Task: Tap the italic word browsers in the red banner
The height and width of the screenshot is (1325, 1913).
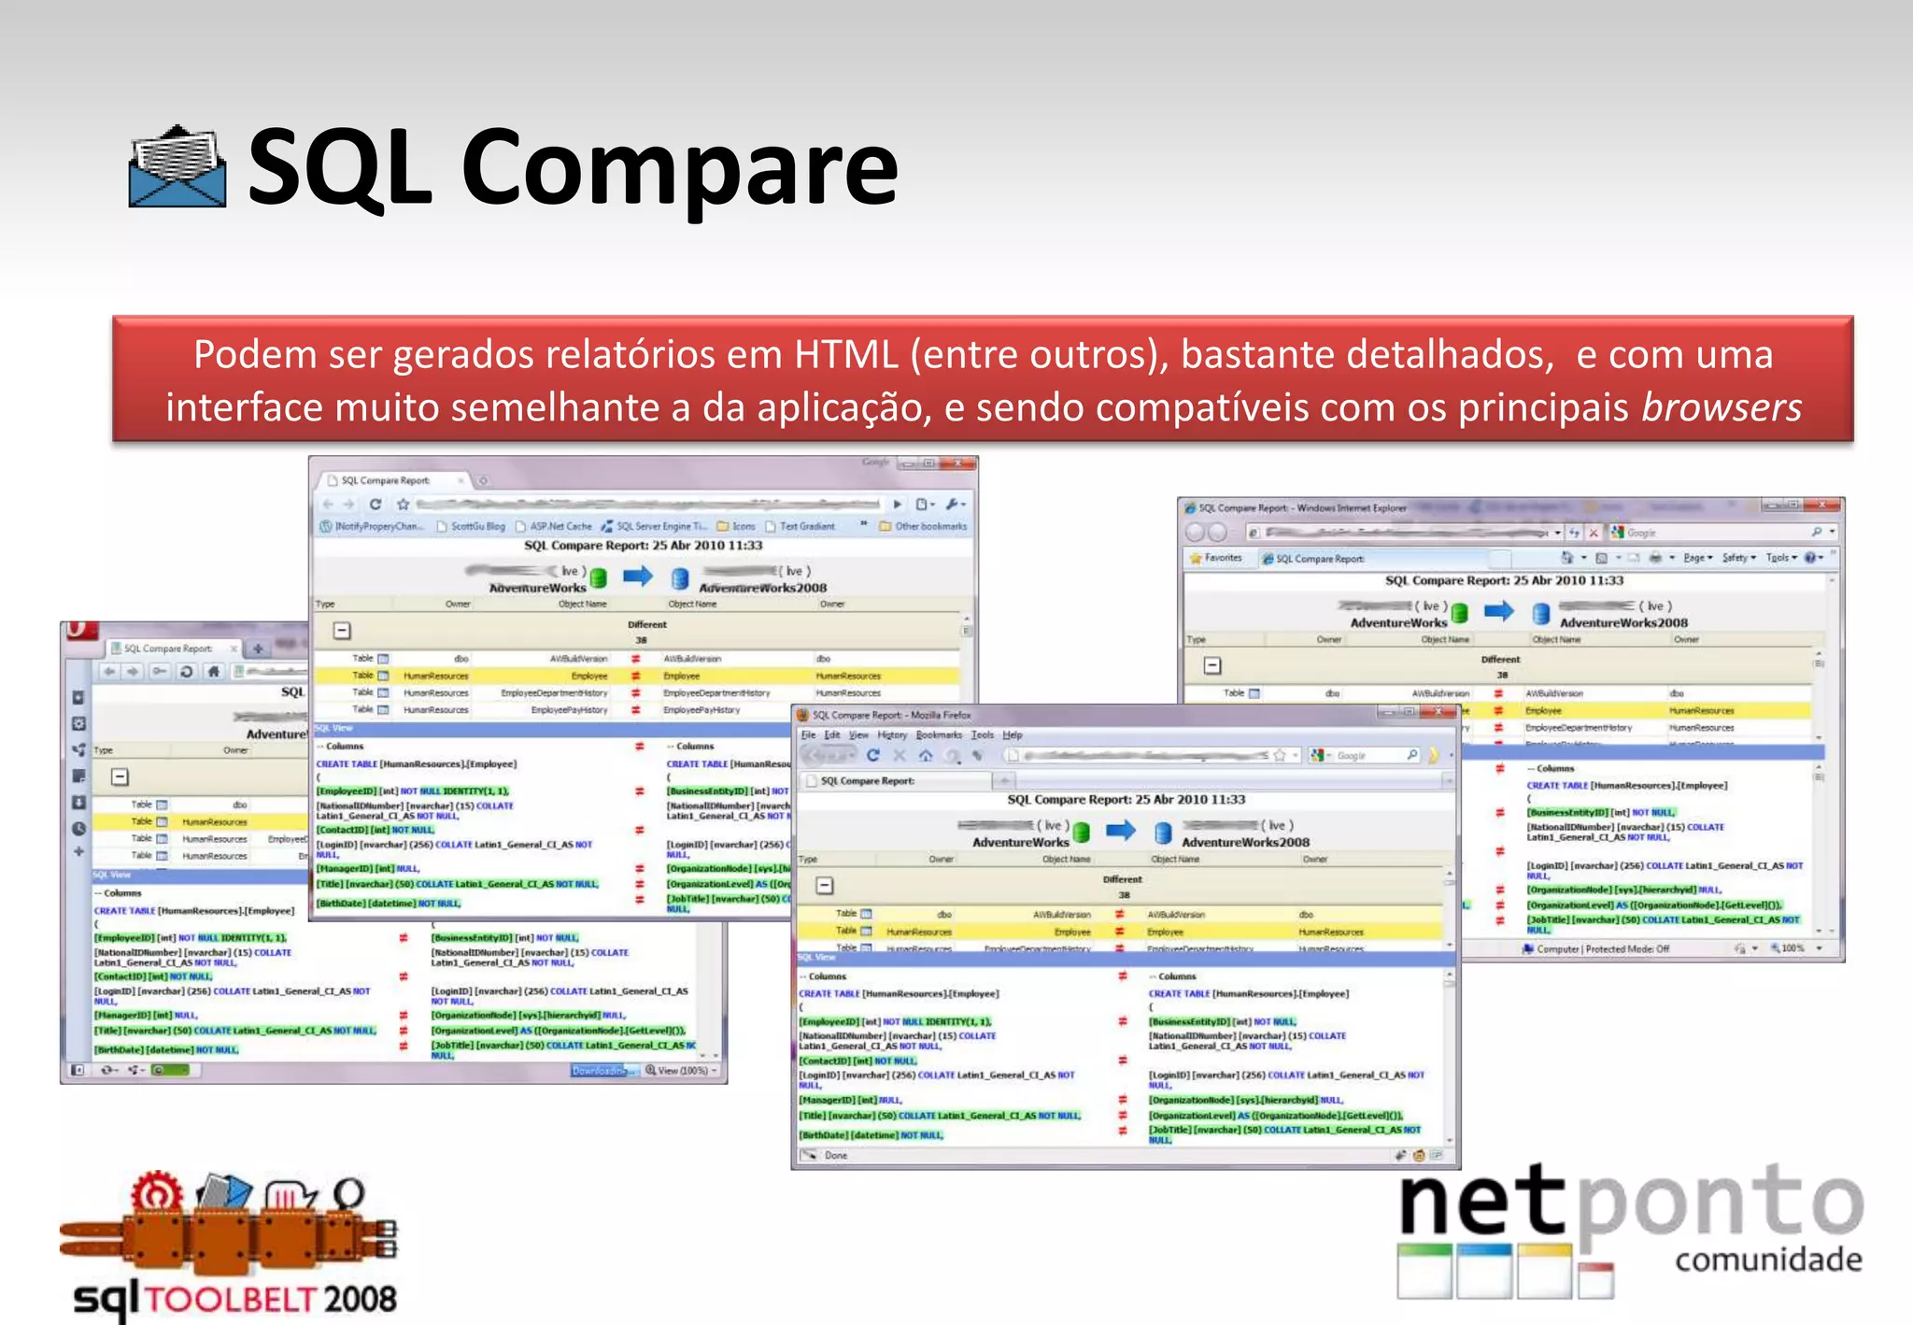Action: [x=1722, y=407]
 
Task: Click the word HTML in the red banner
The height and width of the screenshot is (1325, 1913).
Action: [x=846, y=355]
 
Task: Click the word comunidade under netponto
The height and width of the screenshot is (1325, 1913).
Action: [x=1768, y=1260]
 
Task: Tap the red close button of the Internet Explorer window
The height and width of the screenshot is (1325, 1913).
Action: [x=1822, y=506]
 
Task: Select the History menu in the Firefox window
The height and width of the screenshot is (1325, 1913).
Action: [x=892, y=735]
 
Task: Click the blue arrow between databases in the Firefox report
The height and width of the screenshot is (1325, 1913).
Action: [x=1120, y=829]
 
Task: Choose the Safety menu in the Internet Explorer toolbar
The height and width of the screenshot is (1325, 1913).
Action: [x=1737, y=558]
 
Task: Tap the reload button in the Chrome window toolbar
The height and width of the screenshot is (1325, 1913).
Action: [x=376, y=504]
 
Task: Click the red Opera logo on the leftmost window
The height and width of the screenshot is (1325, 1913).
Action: [x=80, y=630]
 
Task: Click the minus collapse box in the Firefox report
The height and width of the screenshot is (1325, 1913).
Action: [x=825, y=885]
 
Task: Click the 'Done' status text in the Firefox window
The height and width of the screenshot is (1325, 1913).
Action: [x=835, y=1156]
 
